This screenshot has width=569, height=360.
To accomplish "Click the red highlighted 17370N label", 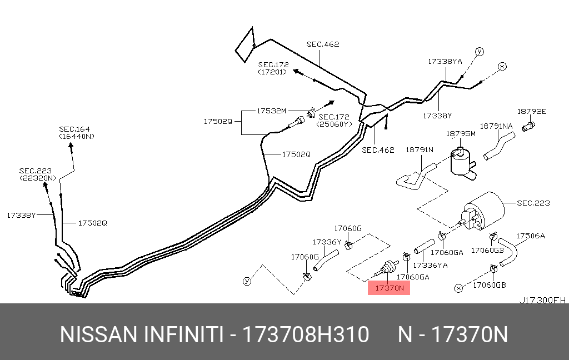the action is point(389,288).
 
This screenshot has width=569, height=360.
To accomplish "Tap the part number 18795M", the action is point(461,134).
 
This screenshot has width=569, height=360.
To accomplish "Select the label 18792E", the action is point(532,112).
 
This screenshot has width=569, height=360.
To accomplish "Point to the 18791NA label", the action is point(496,126).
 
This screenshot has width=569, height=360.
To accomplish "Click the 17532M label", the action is point(271,111).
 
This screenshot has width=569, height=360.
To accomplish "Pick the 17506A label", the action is point(531,236).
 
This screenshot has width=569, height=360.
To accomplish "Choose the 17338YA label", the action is point(445,61).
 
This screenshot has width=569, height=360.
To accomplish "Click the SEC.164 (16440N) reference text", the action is point(77,133).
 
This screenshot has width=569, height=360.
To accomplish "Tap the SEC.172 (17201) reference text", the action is point(273,68).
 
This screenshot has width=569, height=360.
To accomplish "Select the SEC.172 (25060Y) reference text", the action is point(334,121).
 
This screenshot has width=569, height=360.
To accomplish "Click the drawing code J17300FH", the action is point(542,300).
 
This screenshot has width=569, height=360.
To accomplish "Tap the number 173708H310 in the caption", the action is point(306,334).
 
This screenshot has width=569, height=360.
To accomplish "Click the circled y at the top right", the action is point(480,52).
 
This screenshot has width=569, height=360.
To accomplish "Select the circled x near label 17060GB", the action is point(458,288).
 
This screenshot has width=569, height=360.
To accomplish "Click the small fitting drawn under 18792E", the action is point(528,127).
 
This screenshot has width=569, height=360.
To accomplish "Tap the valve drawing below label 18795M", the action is point(463,163).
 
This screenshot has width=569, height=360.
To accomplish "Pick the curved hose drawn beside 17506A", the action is point(508,252).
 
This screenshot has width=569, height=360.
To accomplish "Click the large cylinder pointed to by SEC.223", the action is point(483,212).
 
